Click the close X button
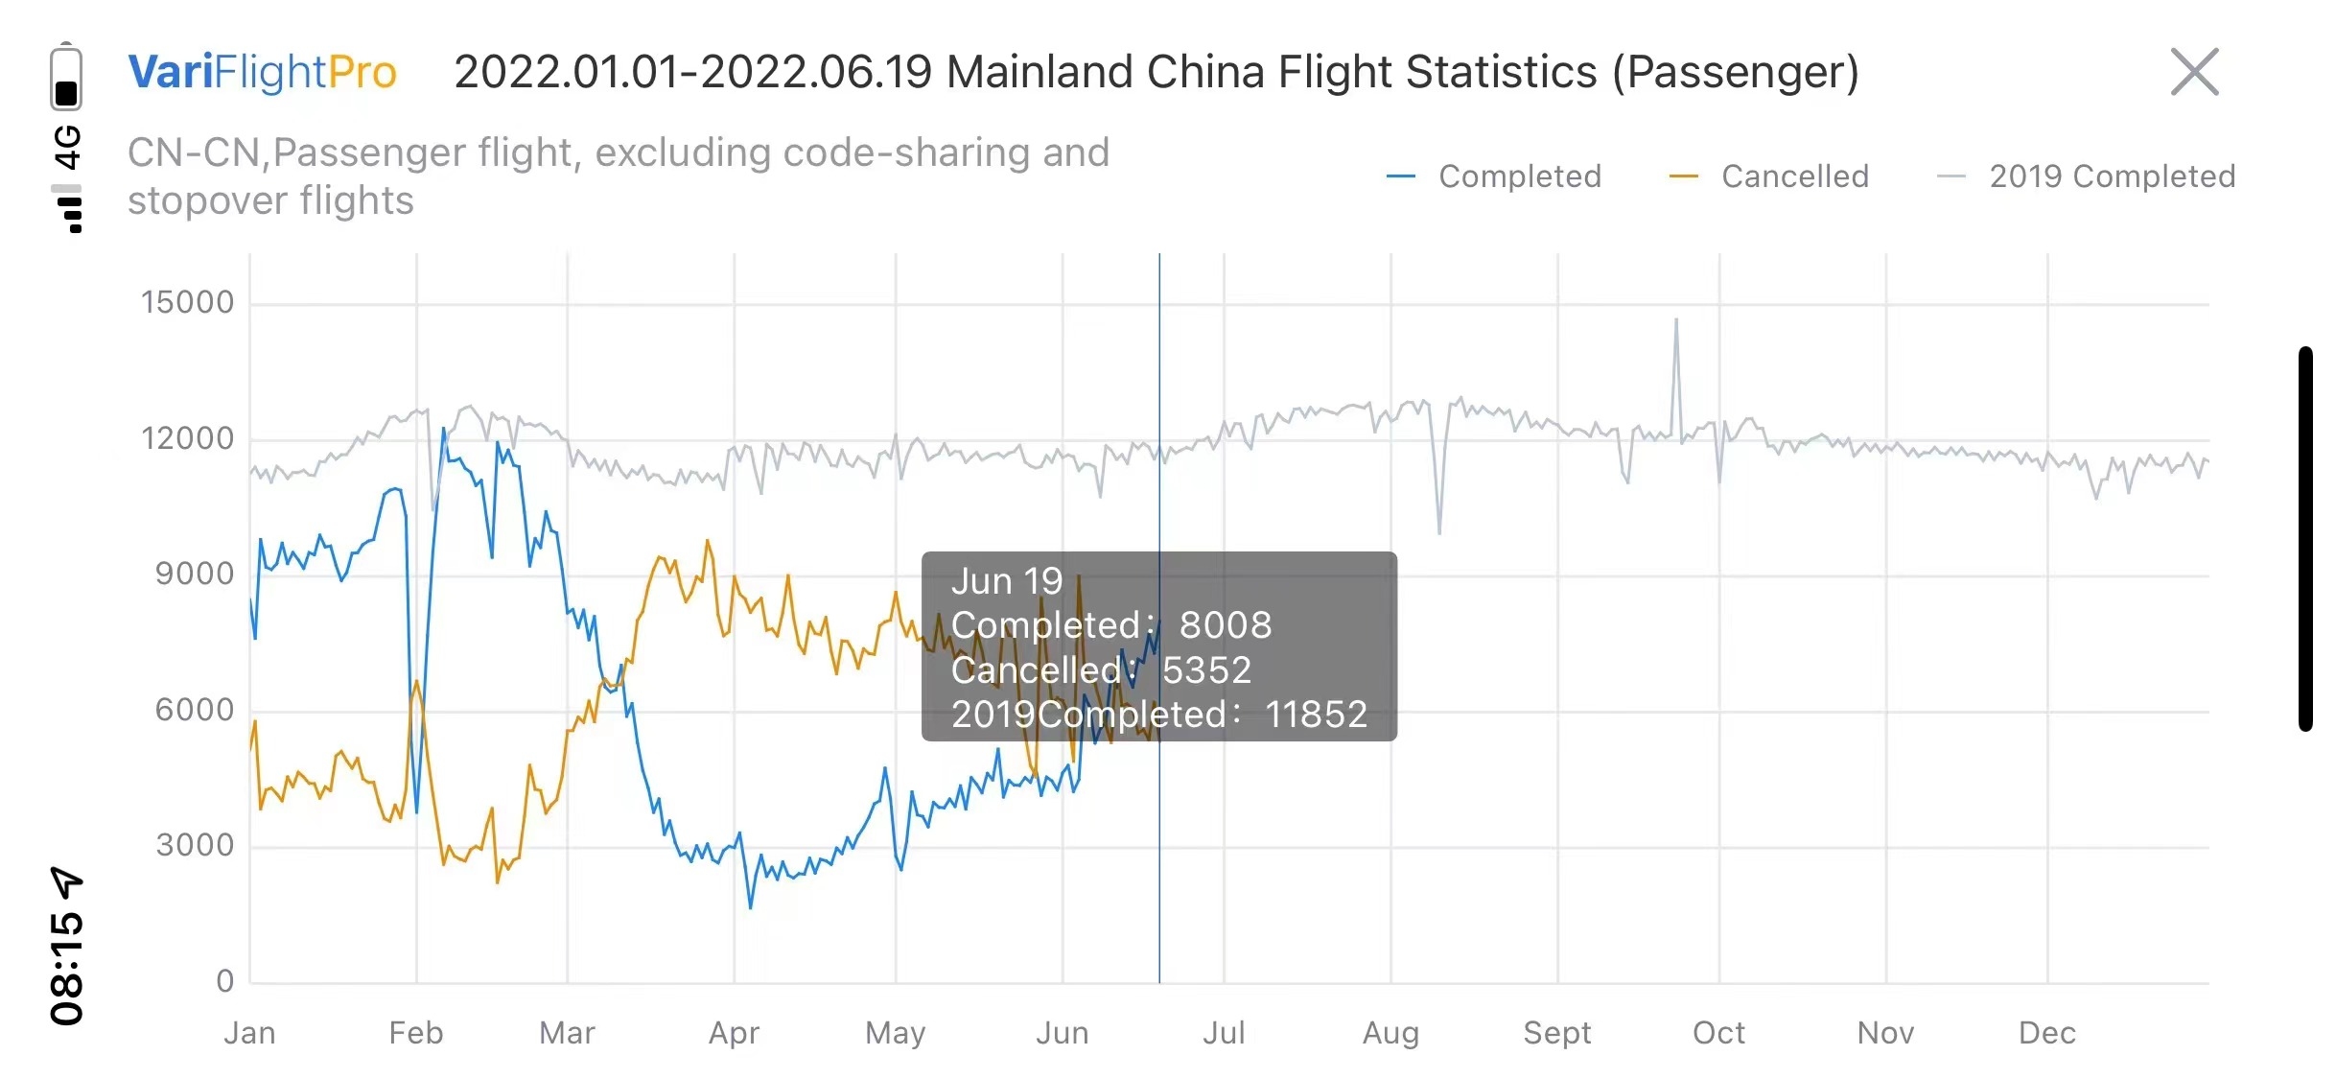pos(2194,72)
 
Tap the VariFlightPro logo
pos(262,72)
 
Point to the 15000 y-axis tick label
pos(188,302)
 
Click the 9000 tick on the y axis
pos(195,574)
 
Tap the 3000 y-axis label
pos(195,845)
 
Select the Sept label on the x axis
pos(1556,1033)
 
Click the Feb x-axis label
pos(416,1033)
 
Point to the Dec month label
pos(2046,1033)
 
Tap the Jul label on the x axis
pos(1224,1033)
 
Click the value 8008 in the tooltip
pos(1225,625)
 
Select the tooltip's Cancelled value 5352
pos(1206,670)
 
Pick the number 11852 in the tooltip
pos(1316,715)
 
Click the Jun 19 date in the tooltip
pos(1007,581)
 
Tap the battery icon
pos(66,78)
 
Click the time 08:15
pos(66,969)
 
